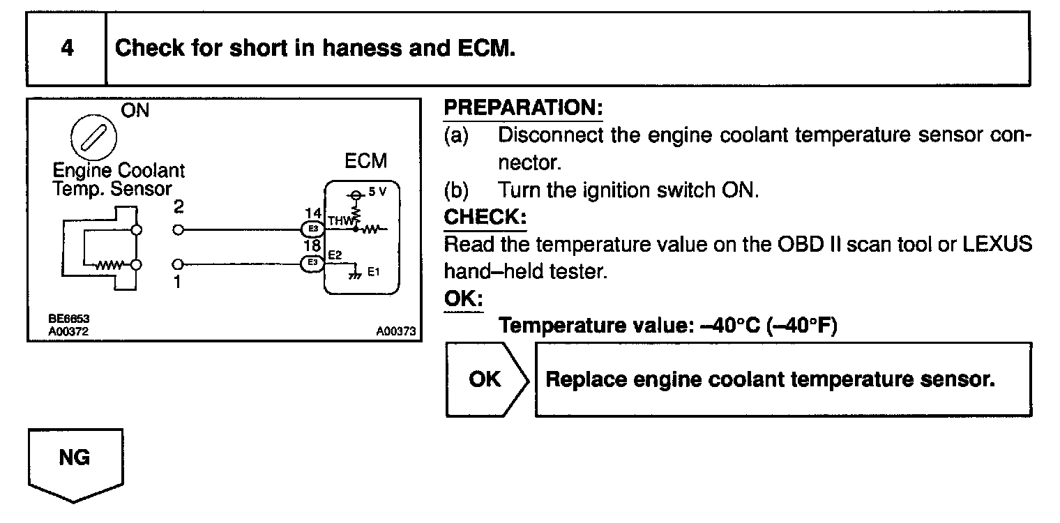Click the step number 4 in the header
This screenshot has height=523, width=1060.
pyautogui.click(x=67, y=49)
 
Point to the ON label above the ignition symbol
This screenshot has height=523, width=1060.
pyautogui.click(x=135, y=110)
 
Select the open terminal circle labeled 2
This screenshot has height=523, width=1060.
pyautogui.click(x=178, y=229)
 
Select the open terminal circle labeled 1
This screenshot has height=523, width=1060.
pyautogui.click(x=178, y=264)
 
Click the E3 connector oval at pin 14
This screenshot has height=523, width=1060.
pyautogui.click(x=311, y=228)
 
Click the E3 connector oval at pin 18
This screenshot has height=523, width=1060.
pyautogui.click(x=311, y=262)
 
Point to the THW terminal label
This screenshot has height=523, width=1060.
pyautogui.click(x=338, y=221)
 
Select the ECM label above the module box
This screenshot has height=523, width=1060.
pyautogui.click(x=365, y=161)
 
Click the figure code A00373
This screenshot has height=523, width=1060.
pyautogui.click(x=395, y=332)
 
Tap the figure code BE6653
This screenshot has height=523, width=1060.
pyautogui.click(x=68, y=319)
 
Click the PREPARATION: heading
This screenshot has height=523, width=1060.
pyautogui.click(x=523, y=108)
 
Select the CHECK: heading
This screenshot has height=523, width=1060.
pyautogui.click(x=485, y=217)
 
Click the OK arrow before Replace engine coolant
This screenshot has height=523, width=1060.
pyautogui.click(x=486, y=379)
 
